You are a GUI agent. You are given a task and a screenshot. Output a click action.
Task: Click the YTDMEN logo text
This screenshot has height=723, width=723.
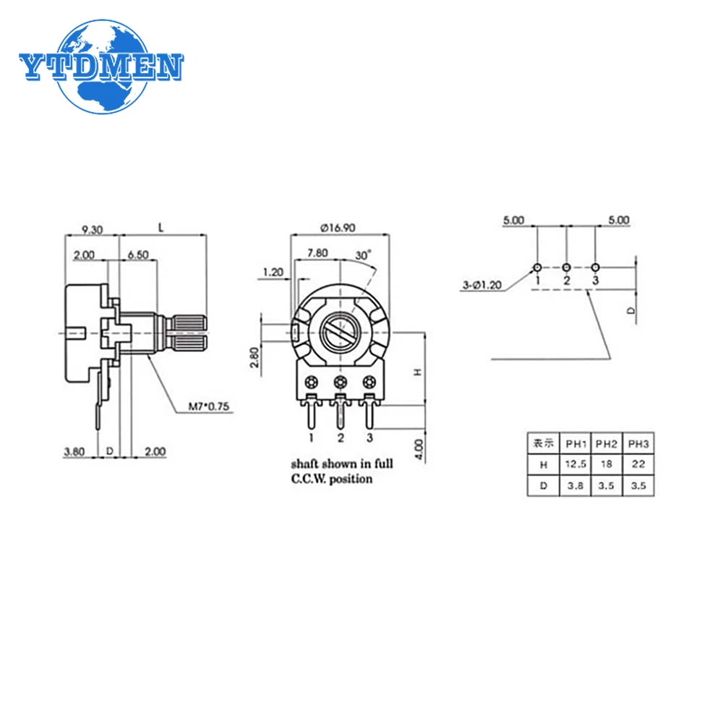pyautogui.click(x=101, y=67)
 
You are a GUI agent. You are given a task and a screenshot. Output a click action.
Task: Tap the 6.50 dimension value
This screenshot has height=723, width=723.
pyautogui.click(x=138, y=254)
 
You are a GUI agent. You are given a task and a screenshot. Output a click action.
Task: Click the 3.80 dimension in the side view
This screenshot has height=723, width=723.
pyautogui.click(x=74, y=452)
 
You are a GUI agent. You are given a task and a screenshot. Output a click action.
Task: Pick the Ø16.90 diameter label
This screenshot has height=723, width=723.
pyautogui.click(x=337, y=227)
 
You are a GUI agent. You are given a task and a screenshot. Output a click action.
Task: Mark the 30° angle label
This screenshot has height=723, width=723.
pyautogui.click(x=363, y=254)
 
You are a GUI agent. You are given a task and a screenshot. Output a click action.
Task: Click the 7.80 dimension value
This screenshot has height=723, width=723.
pyautogui.click(x=317, y=253)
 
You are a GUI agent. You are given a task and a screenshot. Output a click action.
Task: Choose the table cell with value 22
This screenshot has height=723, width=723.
pyautogui.click(x=638, y=463)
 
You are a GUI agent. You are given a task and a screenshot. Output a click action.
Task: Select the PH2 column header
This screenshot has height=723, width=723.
pyautogui.click(x=607, y=442)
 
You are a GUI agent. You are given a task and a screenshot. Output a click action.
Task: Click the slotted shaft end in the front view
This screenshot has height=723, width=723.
pyautogui.click(x=339, y=332)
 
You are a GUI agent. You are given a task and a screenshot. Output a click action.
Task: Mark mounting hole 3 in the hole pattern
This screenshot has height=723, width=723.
pyautogui.click(x=595, y=267)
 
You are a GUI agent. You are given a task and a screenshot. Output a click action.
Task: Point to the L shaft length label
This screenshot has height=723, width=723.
pyautogui.click(x=161, y=228)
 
